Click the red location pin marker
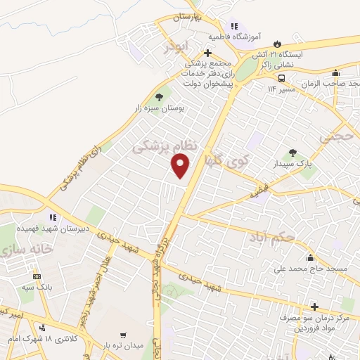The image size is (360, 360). click(181, 166)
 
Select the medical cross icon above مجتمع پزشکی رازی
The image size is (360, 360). click(207, 53)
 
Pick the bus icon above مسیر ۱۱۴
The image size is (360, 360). click(281, 78)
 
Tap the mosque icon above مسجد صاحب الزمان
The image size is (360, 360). click(336, 72)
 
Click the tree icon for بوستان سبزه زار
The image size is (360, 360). click(159, 97)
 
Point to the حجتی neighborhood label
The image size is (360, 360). click(335, 138)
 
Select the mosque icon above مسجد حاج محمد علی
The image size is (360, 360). click(310, 257)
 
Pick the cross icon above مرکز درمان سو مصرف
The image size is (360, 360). click(314, 307)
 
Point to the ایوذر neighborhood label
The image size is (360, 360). click(176, 48)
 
